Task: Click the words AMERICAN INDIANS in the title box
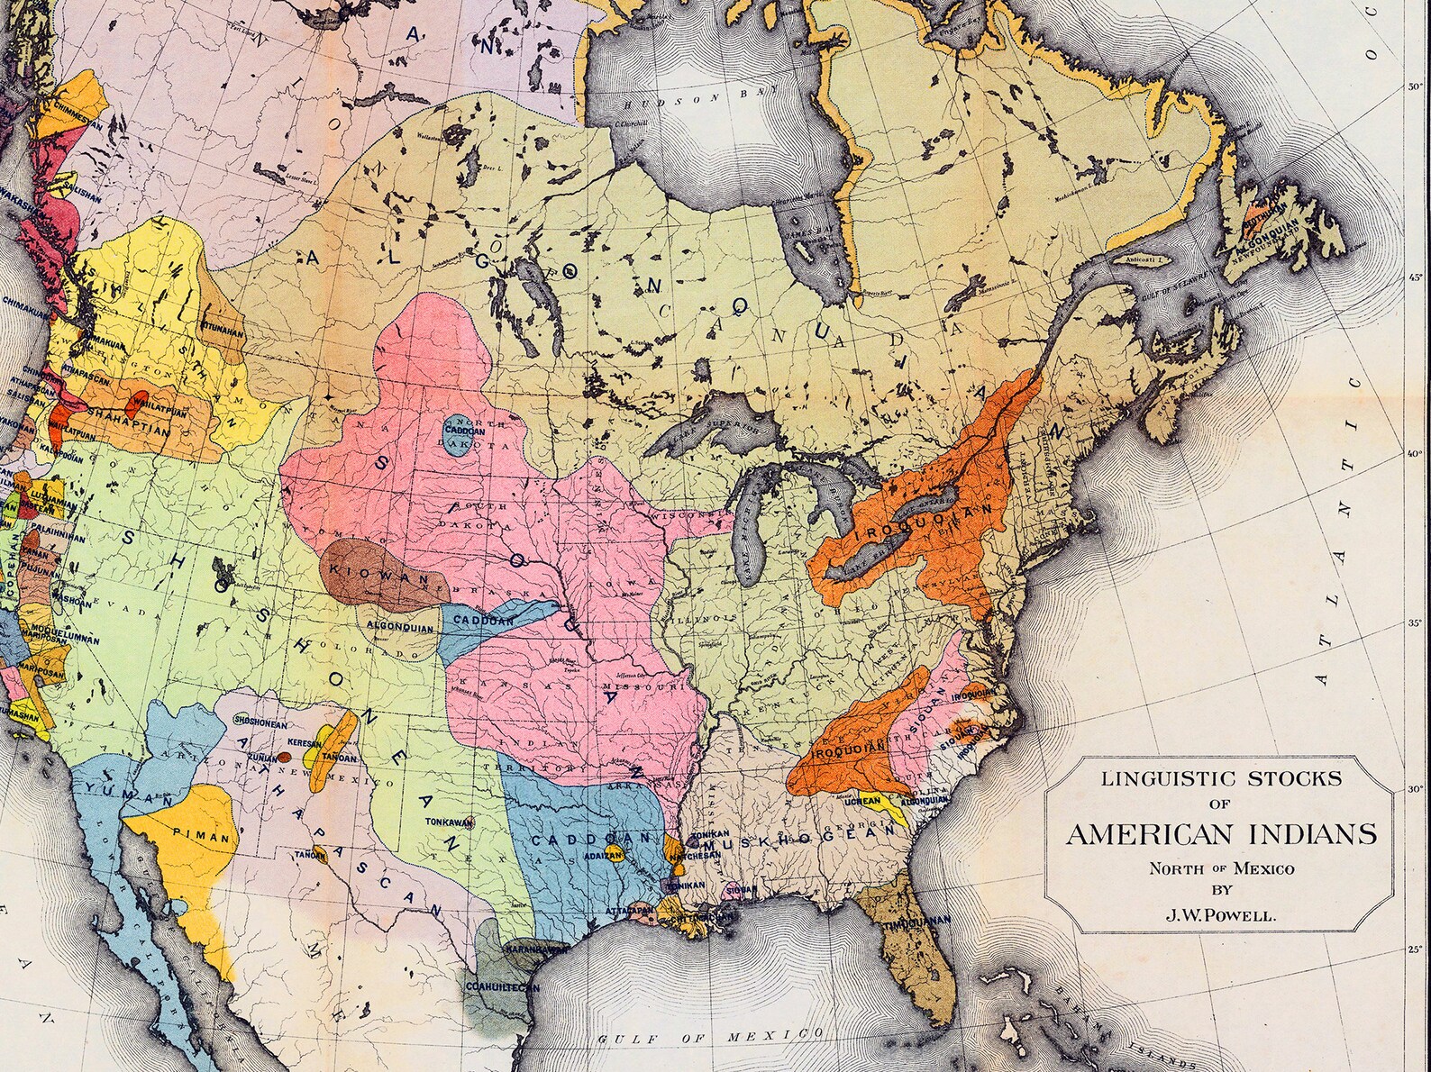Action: coord(1221,833)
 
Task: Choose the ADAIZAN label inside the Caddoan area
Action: coord(604,853)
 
